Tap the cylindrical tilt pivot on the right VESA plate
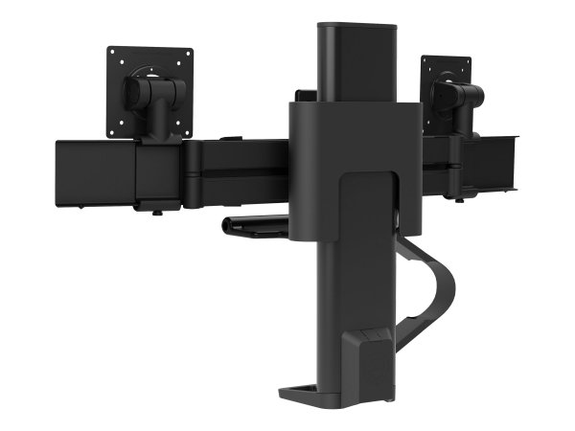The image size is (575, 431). pyautogui.click(x=456, y=94)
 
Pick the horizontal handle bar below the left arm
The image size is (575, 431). pyautogui.click(x=254, y=226)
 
